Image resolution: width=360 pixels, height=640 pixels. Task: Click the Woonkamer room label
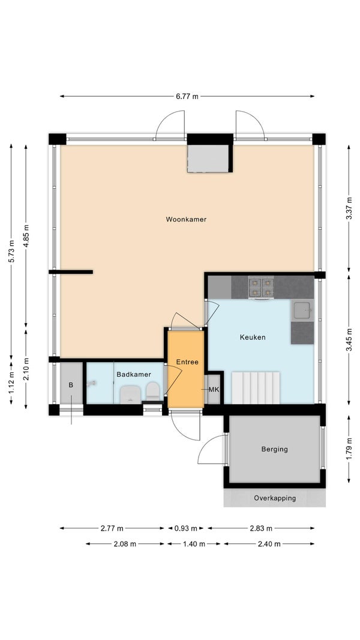[x=186, y=219]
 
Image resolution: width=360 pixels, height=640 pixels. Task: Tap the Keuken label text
[x=253, y=337]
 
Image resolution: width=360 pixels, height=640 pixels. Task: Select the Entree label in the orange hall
[x=187, y=361]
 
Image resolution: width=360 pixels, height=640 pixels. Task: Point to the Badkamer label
[x=134, y=374]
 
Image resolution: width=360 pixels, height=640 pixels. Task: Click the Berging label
[x=274, y=449]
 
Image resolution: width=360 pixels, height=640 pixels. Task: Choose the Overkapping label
[x=275, y=498]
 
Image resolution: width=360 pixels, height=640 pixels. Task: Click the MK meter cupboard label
[x=214, y=390]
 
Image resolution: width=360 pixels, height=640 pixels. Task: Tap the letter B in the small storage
[x=71, y=384]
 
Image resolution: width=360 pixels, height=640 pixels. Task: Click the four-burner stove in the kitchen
[x=261, y=288]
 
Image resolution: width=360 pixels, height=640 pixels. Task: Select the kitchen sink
[x=302, y=310]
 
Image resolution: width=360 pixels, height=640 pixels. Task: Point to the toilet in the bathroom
[x=153, y=391]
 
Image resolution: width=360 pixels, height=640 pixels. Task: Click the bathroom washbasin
[x=130, y=394]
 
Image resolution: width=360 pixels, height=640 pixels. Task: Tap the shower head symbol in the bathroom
[x=92, y=383]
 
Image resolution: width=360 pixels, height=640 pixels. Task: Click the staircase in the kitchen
[x=256, y=387]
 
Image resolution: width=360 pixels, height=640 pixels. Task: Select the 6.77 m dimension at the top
[x=187, y=96]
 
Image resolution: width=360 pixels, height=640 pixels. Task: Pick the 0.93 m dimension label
[x=186, y=528]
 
